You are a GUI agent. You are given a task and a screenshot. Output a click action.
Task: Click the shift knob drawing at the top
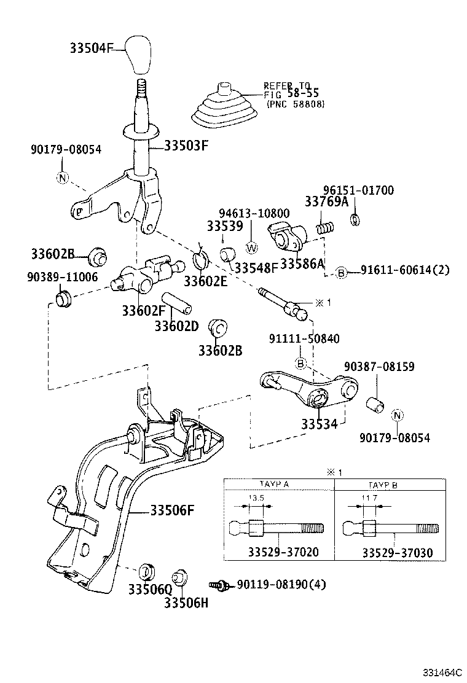coord(140,54)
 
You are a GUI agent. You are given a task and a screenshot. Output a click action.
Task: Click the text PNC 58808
coord(296,104)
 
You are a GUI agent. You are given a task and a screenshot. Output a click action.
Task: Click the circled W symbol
coord(251,248)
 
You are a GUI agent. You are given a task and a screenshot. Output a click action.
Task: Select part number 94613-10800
coord(257,213)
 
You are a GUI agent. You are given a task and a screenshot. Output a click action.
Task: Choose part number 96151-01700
coord(358,190)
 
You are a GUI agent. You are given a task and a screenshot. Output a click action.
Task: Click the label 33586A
coord(302,264)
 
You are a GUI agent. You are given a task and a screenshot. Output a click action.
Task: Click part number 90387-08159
coord(379,367)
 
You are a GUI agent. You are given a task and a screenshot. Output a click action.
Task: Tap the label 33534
coord(319,424)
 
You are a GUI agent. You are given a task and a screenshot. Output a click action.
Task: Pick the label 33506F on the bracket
coord(173,510)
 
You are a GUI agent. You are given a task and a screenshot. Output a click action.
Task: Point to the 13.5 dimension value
coord(253,498)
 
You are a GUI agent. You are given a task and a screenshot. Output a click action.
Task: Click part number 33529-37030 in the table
coord(397,553)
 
